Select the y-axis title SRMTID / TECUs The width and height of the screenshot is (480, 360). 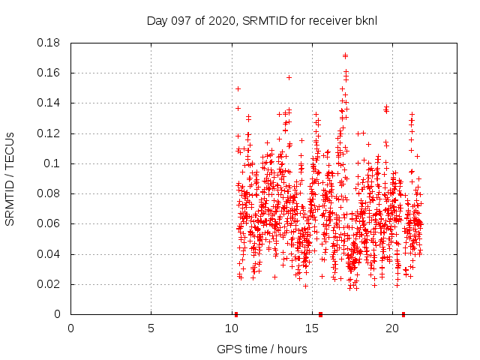(x=10, y=178)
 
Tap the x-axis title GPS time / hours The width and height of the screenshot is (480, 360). (x=262, y=349)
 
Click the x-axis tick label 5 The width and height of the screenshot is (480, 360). (x=151, y=328)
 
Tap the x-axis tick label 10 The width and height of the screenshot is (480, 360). (x=231, y=328)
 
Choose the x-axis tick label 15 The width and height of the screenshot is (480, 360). (x=311, y=328)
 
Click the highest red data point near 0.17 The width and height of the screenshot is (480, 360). (x=345, y=55)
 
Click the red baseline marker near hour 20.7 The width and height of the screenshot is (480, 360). (x=403, y=314)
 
